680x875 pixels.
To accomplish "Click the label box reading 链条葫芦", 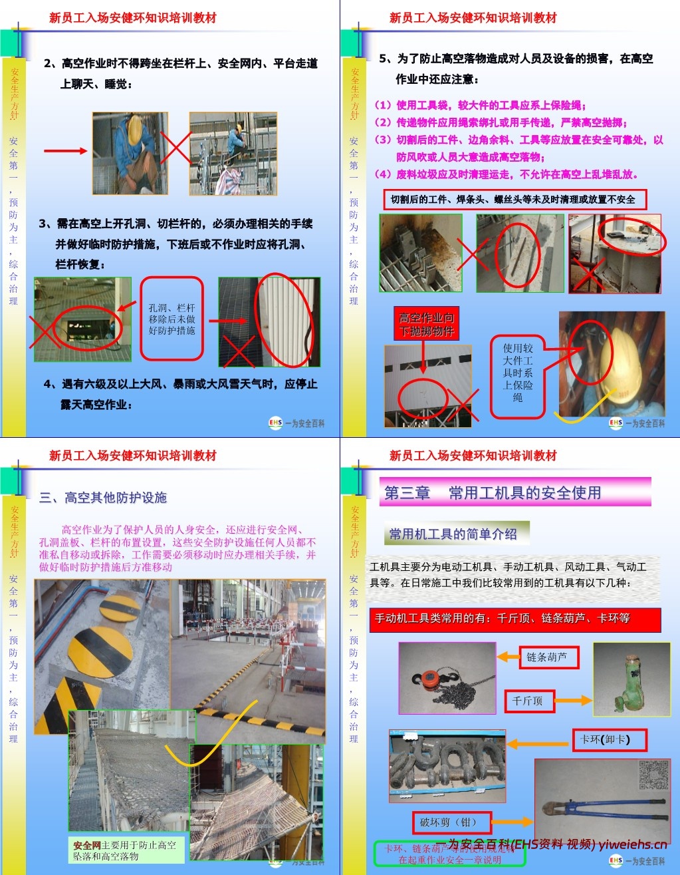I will point(547,657).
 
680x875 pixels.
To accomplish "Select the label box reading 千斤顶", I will point(528,701).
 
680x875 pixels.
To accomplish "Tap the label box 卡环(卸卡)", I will point(605,739).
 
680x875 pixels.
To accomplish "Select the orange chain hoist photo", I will point(447,678).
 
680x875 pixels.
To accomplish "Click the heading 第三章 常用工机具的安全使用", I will point(514,492).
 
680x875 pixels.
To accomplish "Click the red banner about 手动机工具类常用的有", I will point(514,619).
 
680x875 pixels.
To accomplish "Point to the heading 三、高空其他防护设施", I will point(103,498).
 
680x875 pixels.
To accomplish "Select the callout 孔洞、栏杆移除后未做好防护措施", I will point(171,319).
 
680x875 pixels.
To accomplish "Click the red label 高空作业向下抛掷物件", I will point(426,324).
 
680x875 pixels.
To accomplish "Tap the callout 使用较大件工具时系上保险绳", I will point(517,373).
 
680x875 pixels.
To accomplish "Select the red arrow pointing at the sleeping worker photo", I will point(65,151).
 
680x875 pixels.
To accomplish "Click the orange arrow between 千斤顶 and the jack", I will point(573,701).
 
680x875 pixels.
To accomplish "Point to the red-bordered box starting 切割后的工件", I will point(514,200).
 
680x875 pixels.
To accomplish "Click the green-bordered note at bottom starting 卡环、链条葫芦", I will point(450,854).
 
